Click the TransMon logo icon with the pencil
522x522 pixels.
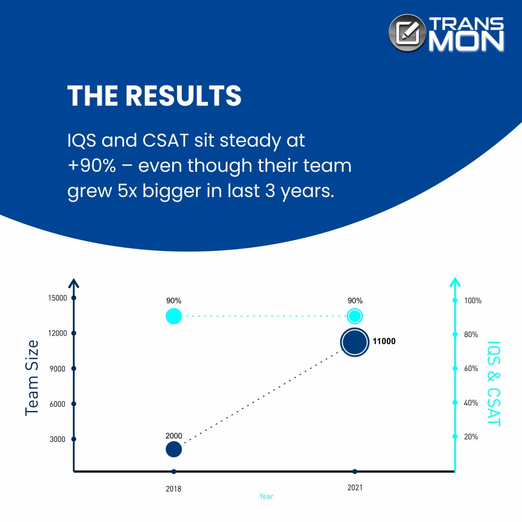pos(407,33)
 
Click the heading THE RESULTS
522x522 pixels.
pos(154,96)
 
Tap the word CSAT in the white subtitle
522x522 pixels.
pos(165,141)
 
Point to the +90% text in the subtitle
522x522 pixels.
pos(91,165)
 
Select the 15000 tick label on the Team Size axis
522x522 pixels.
pos(57,298)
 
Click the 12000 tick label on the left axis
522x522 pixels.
pos(57,333)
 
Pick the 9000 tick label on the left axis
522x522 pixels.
pos(57,369)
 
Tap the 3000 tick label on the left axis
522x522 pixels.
pos(57,439)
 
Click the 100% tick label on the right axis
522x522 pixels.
pos(473,301)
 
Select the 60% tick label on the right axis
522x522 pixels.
pos(471,368)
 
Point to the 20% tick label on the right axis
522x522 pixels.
pos(471,437)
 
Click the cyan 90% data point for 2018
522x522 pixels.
pos(174,316)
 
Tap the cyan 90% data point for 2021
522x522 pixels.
pos(355,316)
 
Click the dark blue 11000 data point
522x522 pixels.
pos(355,342)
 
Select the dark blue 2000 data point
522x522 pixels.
pos(174,449)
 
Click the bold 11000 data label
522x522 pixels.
pos(384,341)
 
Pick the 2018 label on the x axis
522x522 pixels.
pos(174,489)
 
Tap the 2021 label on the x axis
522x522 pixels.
pos(355,488)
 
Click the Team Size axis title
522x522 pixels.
pos(32,378)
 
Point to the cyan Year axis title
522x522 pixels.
pos(266,496)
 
